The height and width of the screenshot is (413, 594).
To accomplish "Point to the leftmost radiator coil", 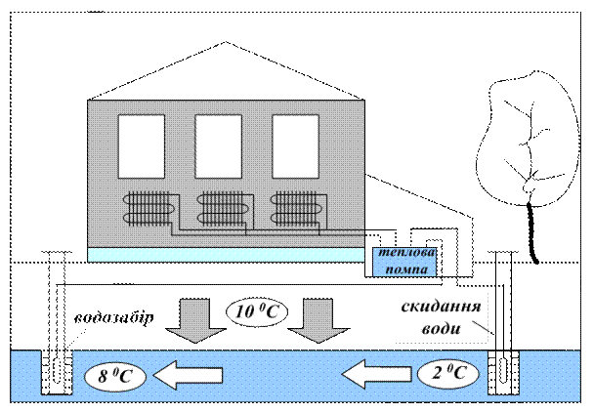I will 148,207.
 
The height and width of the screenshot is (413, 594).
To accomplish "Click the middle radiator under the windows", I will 224,207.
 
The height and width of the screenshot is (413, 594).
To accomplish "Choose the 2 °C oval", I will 450,373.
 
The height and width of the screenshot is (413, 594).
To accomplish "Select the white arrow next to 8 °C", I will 192,373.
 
